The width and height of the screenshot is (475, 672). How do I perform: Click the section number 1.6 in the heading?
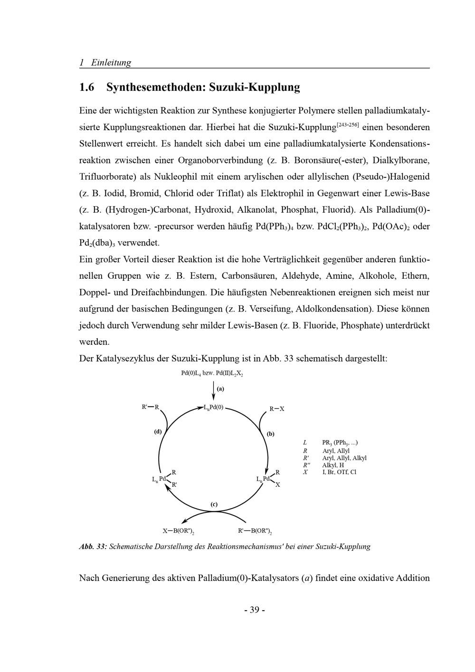pyautogui.click(x=87, y=87)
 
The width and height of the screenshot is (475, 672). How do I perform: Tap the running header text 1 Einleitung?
pyautogui.click(x=105, y=62)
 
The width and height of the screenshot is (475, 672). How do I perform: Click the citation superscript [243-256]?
pyautogui.click(x=348, y=125)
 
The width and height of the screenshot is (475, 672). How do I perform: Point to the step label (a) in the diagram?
pyautogui.click(x=220, y=388)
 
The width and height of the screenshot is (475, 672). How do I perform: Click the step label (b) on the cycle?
pyautogui.click(x=271, y=434)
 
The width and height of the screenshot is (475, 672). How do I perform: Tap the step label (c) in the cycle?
pyautogui.click(x=214, y=504)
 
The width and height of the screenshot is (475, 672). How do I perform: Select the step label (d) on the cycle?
pyautogui.click(x=158, y=432)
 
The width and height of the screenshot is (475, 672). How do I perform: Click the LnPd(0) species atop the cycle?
pyautogui.click(x=213, y=407)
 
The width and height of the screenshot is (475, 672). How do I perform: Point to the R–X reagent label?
pyautogui.click(x=277, y=409)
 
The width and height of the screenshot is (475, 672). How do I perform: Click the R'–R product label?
pyautogui.click(x=151, y=407)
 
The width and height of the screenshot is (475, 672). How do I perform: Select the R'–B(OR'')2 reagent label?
pyautogui.click(x=255, y=531)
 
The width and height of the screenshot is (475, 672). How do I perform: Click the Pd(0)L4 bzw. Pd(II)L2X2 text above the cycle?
pyautogui.click(x=212, y=374)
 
